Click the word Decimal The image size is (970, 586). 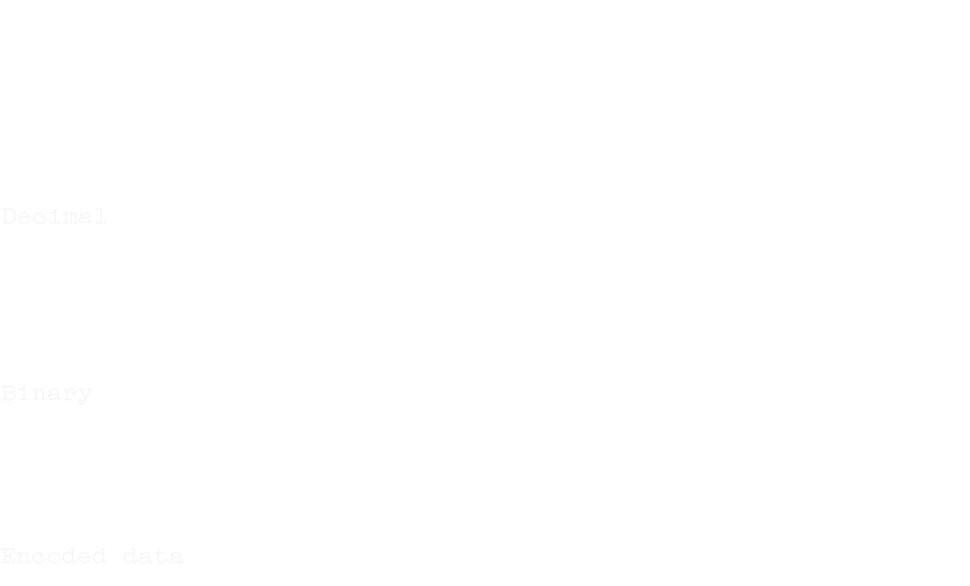click(54, 216)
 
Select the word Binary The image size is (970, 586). click(46, 394)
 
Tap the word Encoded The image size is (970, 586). click(54, 556)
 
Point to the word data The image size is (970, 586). click(153, 556)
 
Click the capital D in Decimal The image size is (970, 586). click(8, 216)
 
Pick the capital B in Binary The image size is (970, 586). click(8, 394)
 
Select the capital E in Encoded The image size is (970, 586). click(8, 556)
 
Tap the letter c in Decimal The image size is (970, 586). click(39, 216)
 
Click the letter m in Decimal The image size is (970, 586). click(69, 216)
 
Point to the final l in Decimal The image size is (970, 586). click(100, 216)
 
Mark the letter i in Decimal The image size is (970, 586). click(54, 216)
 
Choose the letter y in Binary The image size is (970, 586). click(85, 396)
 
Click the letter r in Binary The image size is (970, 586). click(69, 394)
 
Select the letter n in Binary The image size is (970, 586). click(39, 394)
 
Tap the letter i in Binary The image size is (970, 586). click(23, 394)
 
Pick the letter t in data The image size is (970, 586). click(161, 556)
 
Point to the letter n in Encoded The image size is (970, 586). click(23, 556)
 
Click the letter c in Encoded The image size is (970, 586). click(39, 556)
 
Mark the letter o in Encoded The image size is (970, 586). click(54, 556)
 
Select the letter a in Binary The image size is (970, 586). click(54, 394)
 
